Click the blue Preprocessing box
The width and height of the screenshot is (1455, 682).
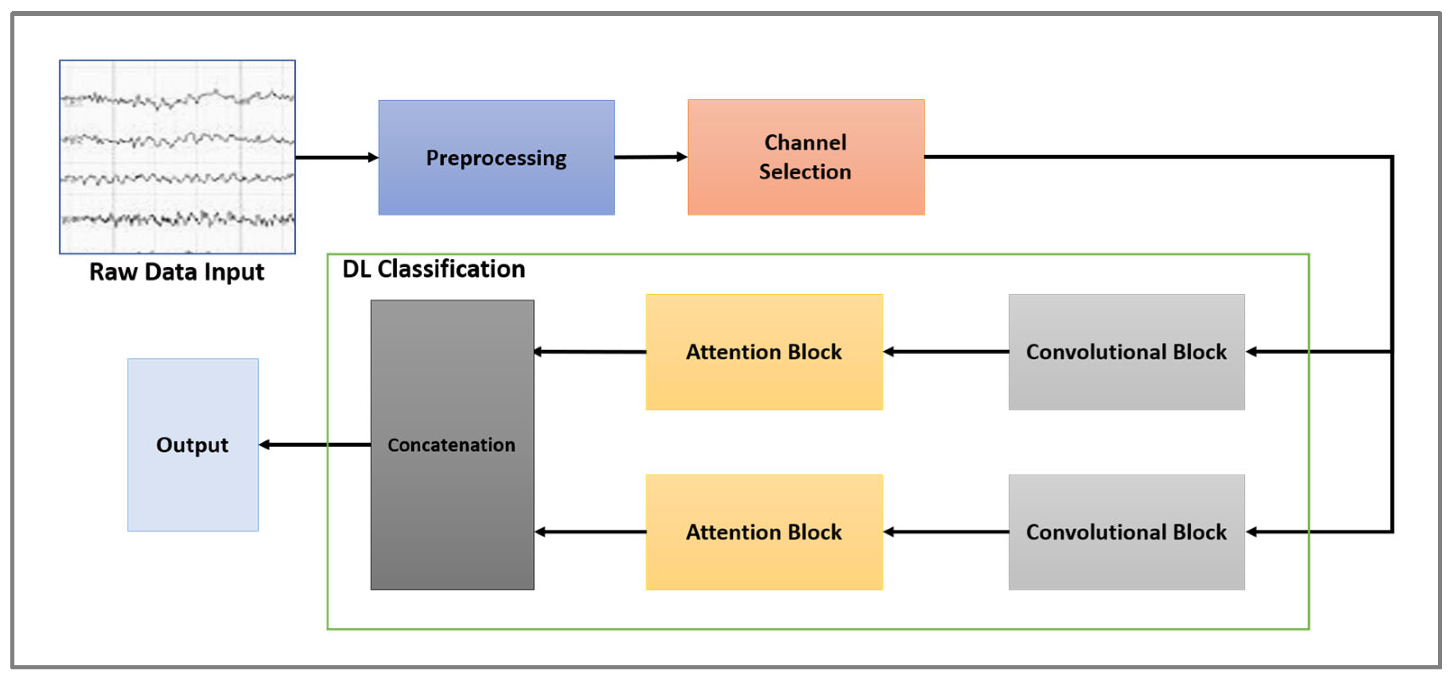pos(496,158)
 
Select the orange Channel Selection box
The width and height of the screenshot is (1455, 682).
pos(805,158)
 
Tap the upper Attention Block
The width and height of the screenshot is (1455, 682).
pos(764,352)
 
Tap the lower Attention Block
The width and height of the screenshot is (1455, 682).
pos(764,532)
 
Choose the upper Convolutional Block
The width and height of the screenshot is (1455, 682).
pos(1126,352)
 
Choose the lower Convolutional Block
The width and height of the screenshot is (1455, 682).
pos(1126,532)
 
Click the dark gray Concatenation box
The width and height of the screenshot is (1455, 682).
pos(452,445)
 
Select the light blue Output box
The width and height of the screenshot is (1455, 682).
pos(193,445)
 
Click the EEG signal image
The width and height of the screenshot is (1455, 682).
pos(177,156)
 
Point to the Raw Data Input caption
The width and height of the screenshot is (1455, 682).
pos(177,272)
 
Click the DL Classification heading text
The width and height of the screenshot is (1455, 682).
pos(433,269)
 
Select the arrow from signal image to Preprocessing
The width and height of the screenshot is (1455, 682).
pos(336,157)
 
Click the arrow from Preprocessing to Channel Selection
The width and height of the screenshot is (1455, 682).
pos(650,157)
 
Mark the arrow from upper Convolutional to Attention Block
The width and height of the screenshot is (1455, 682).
pos(946,352)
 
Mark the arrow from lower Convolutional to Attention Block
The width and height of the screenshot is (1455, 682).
pos(946,532)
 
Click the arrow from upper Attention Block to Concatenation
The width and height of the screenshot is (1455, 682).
pos(590,352)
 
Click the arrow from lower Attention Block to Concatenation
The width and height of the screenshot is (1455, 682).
pos(590,532)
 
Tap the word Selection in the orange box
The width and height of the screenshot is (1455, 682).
pos(805,172)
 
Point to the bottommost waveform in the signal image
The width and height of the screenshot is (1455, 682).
pos(177,219)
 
